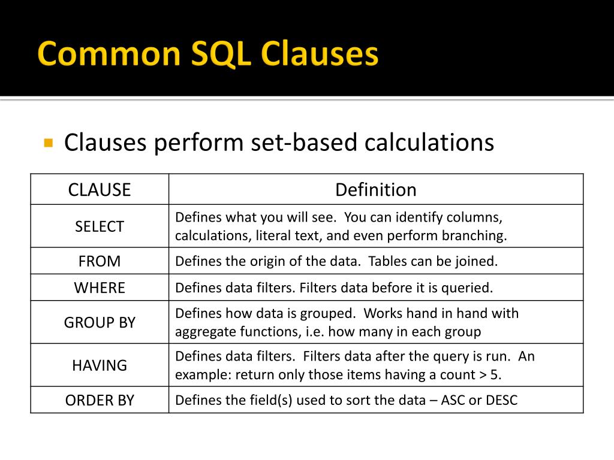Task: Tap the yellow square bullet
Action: click(x=49, y=143)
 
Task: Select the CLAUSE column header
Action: click(x=100, y=190)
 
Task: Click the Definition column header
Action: click(x=375, y=190)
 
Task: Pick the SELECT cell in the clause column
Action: click(x=100, y=226)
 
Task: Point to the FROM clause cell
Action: click(x=100, y=261)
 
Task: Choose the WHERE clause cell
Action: click(x=100, y=287)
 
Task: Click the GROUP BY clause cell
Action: click(x=100, y=322)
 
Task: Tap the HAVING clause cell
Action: click(x=100, y=365)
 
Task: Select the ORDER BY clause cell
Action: click(x=100, y=400)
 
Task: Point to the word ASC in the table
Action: click(x=453, y=400)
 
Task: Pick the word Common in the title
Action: click(x=109, y=55)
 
